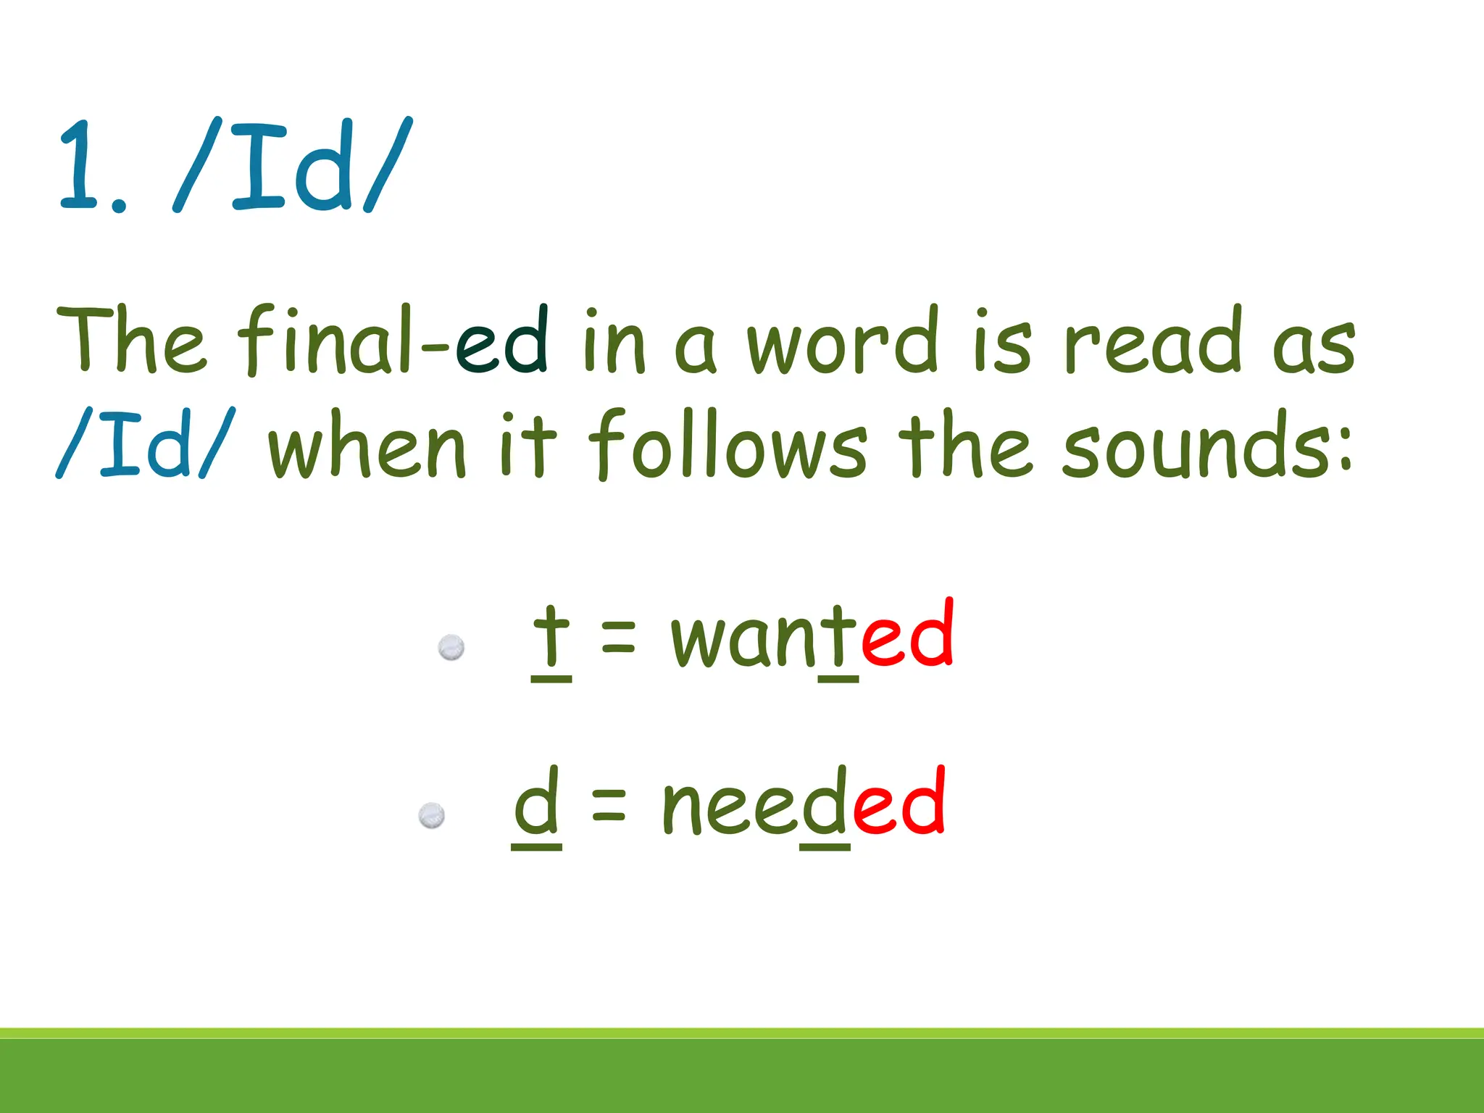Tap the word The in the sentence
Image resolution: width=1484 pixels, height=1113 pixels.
(x=130, y=341)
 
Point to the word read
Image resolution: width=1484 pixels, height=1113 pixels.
(x=1153, y=341)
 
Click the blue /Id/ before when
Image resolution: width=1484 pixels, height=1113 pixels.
(x=145, y=444)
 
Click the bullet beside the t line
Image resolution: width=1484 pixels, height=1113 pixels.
(x=451, y=647)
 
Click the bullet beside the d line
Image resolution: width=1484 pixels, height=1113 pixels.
(x=432, y=816)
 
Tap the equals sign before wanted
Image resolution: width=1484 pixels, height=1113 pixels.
(x=619, y=638)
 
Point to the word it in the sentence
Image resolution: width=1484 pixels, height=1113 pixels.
(x=529, y=444)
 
